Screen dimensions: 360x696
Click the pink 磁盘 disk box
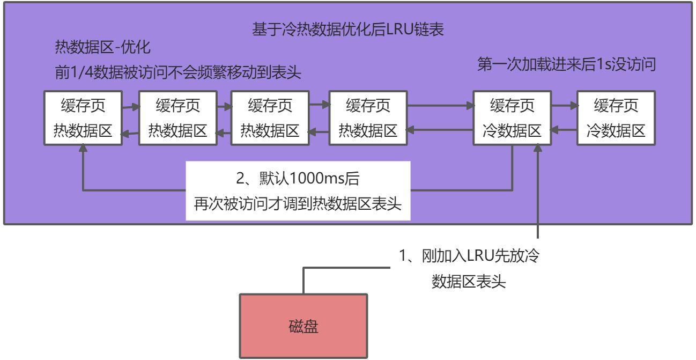[303, 326]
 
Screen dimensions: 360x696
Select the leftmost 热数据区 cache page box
[83, 118]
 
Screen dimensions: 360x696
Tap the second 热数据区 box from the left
[177, 118]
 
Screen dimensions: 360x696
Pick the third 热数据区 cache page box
[270, 118]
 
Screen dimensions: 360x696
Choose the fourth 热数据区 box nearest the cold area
[368, 118]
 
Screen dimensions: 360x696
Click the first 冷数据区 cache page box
[512, 118]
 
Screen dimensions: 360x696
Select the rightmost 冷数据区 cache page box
[616, 118]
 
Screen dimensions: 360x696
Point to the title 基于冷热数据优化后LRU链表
[347, 30]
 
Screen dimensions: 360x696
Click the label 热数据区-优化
[102, 48]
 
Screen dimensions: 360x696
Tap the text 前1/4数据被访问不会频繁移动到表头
[178, 72]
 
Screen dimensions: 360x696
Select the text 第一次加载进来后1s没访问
[567, 65]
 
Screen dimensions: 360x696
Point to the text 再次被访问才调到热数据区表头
[298, 204]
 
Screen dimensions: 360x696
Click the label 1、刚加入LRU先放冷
[468, 256]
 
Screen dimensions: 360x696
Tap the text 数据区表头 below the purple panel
[468, 281]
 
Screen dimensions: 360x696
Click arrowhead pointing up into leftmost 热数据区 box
[83, 150]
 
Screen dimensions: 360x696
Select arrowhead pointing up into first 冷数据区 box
[538, 150]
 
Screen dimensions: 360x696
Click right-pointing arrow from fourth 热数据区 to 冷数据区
[465, 106]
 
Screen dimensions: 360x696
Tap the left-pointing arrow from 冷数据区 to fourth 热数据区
[413, 129]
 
